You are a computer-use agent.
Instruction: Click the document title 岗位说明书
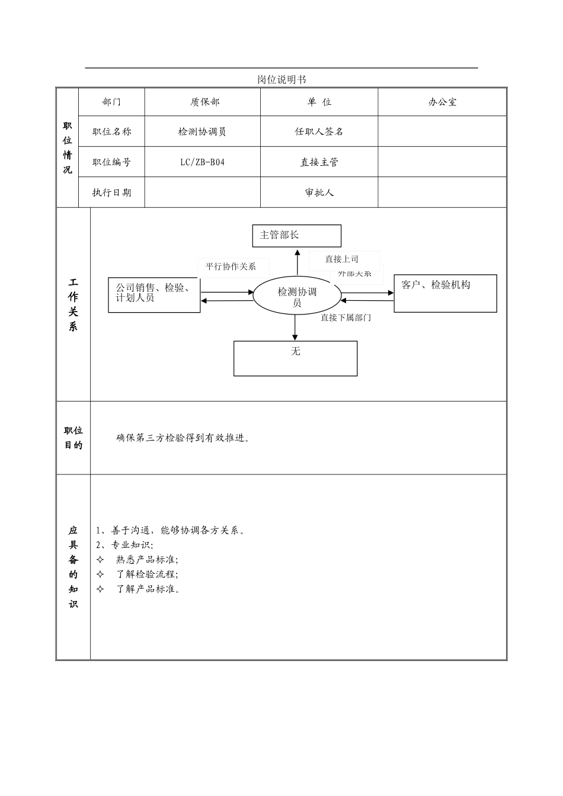pos(281,79)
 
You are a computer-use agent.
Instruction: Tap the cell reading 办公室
pos(442,102)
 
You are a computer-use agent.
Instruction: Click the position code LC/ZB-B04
pos(203,162)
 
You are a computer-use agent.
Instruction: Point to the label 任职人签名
pos(319,131)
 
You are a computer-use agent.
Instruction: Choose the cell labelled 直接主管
pos(319,162)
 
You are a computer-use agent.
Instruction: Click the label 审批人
pos(319,192)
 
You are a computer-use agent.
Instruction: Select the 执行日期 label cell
pos(111,192)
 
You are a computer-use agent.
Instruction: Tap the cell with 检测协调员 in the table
pos(202,131)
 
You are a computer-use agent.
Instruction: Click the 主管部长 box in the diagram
pos(296,235)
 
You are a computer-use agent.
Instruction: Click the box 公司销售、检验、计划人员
pos(153,294)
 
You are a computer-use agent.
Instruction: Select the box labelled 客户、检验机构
pos(445,293)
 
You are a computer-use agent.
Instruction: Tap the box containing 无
pos(295,358)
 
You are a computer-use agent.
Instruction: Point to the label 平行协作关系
pos(231,267)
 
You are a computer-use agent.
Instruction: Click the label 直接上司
pos(341,259)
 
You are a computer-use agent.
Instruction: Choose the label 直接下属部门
pos(346,317)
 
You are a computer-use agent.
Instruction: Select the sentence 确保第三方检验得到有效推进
pos(183,438)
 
